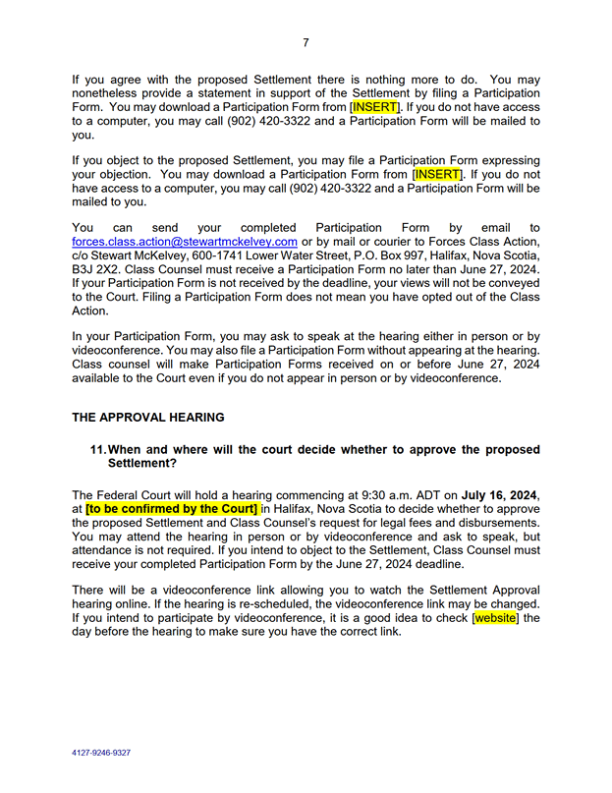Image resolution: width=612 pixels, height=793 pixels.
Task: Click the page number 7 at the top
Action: (306, 42)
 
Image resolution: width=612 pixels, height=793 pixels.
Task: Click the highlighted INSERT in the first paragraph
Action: (375, 106)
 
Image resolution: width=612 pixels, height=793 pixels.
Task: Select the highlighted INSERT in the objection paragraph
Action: (437, 174)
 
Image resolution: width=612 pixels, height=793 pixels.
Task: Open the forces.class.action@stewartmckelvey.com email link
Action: (185, 242)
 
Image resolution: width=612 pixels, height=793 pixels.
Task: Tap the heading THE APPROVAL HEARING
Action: (147, 417)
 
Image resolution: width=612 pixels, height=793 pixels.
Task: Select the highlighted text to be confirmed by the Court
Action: (172, 509)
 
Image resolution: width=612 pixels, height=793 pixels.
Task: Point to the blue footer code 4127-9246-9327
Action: (101, 753)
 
